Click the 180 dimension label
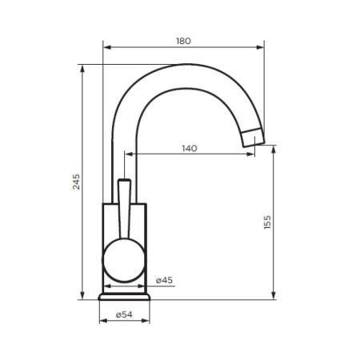point(183,41)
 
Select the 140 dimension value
point(189,149)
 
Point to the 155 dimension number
point(267,222)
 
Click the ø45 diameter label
point(163,279)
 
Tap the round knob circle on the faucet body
point(123,262)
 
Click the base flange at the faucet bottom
point(124,296)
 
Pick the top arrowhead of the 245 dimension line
point(83,66)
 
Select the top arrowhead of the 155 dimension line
point(274,148)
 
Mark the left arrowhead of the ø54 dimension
point(101,323)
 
